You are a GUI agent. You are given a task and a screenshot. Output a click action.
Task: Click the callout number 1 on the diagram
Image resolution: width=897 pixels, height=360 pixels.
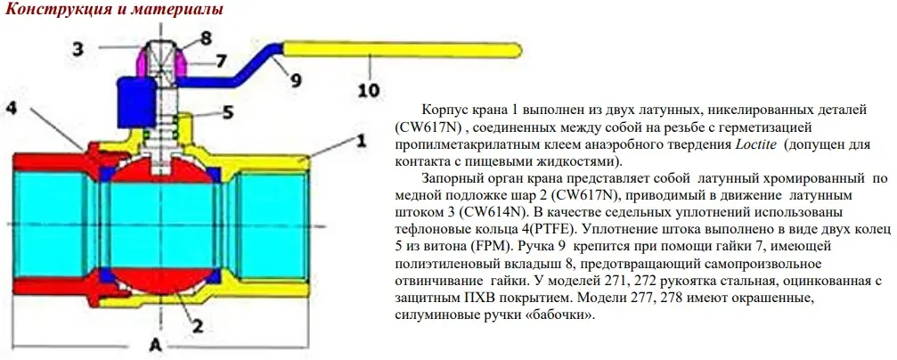361,140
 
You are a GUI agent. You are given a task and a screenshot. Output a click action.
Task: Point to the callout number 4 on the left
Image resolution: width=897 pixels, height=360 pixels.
12,108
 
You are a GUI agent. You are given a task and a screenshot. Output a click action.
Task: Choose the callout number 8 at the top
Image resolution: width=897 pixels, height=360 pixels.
206,38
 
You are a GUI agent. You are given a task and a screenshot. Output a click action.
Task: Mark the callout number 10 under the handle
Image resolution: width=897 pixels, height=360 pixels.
368,90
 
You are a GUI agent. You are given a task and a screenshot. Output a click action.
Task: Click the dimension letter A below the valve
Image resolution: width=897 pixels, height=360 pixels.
155,343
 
